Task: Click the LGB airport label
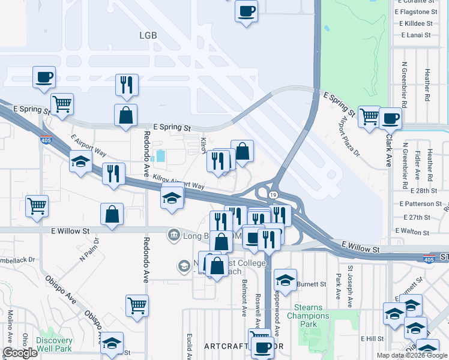(147, 35)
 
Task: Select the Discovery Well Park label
(55, 344)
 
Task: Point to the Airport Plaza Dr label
(349, 137)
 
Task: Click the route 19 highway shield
(273, 196)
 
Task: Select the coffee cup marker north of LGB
(246, 11)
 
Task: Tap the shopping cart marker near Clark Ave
(369, 116)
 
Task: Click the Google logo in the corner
(20, 353)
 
